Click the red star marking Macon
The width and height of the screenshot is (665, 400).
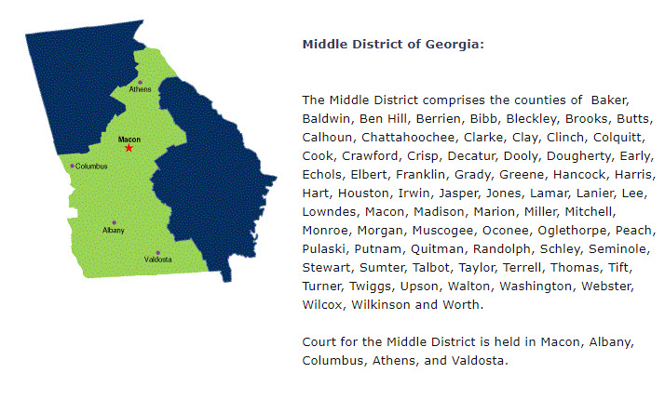click(129, 148)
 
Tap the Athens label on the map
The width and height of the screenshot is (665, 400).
click(141, 90)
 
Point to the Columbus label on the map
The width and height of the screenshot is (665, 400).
click(91, 167)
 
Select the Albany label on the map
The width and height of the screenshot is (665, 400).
click(113, 230)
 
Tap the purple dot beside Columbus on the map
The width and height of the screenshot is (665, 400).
click(72, 167)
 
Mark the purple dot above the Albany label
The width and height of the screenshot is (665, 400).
click(114, 222)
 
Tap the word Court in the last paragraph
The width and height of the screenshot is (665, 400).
click(321, 341)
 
